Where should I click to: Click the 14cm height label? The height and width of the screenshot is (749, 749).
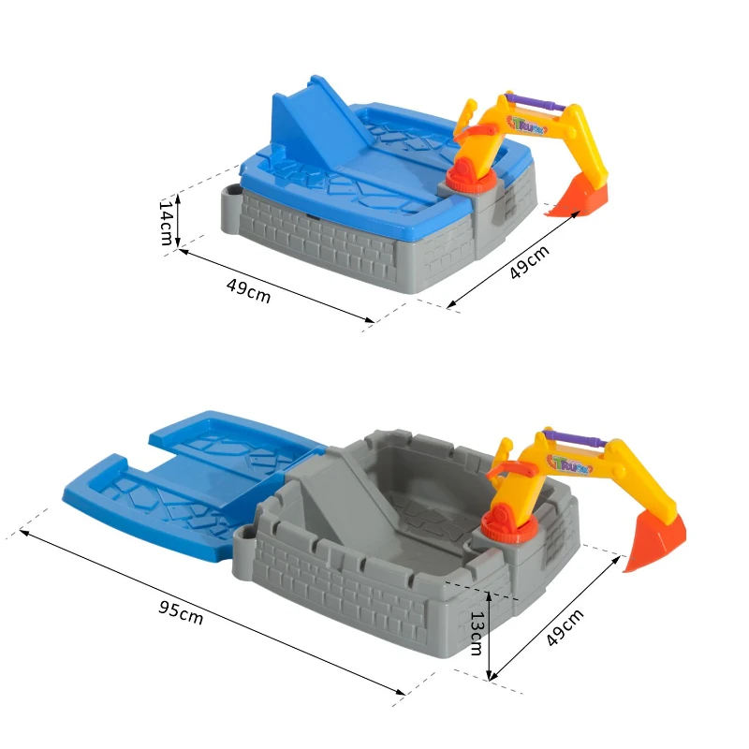click(x=166, y=223)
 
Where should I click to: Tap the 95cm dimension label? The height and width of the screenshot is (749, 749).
click(x=181, y=613)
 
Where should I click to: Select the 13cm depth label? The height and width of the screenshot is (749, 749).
click(x=477, y=634)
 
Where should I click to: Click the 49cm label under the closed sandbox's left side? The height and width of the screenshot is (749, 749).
click(x=248, y=291)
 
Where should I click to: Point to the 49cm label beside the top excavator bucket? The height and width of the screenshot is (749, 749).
click(x=529, y=262)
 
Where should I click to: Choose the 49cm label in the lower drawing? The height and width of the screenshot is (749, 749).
click(x=565, y=627)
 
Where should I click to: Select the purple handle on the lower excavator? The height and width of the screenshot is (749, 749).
click(x=576, y=438)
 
